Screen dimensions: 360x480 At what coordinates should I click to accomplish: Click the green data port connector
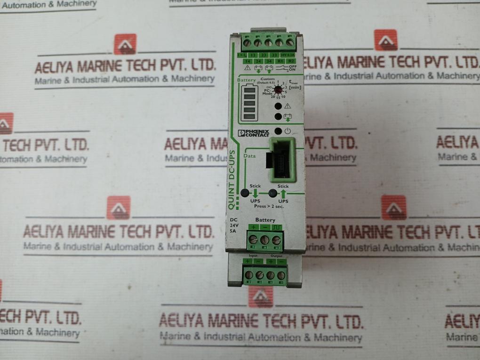pos(281,160)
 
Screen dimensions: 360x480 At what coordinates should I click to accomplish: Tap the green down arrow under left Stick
pos(255,193)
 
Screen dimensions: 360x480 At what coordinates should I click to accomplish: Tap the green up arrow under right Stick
pos(283,193)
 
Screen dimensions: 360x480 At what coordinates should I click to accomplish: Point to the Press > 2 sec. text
pos(269,206)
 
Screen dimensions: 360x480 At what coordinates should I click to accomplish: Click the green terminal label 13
pos(252,56)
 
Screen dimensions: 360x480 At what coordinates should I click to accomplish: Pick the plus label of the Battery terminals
pos(253,228)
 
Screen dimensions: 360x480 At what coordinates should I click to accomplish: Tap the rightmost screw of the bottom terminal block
pos(281,275)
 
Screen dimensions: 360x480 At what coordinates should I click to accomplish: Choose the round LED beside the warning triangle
pos(279,106)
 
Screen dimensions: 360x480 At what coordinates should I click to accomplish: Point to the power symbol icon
pos(288,132)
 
